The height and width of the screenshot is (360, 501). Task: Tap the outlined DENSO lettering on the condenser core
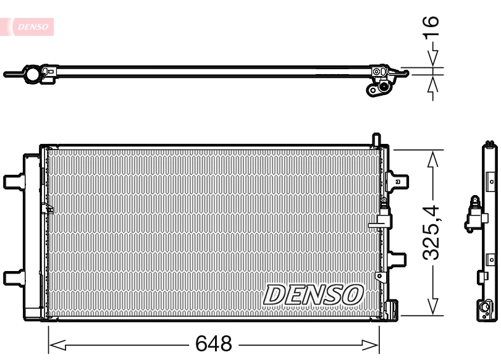pyautogui.click(x=314, y=295)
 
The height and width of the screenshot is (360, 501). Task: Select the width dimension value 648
pyautogui.click(x=214, y=343)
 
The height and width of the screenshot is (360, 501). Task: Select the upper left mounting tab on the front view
pyautogui.click(x=12, y=182)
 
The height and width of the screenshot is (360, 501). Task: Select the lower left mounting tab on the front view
pyautogui.click(x=12, y=278)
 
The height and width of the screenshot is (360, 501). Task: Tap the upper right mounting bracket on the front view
pyautogui.click(x=398, y=180)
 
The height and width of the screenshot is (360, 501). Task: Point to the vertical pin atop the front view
pyautogui.click(x=376, y=140)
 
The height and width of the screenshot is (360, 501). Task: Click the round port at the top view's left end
pyautogui.click(x=32, y=74)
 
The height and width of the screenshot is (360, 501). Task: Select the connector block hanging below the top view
pyautogui.click(x=378, y=88)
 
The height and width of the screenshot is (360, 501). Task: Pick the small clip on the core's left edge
pyautogui.click(x=44, y=209)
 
